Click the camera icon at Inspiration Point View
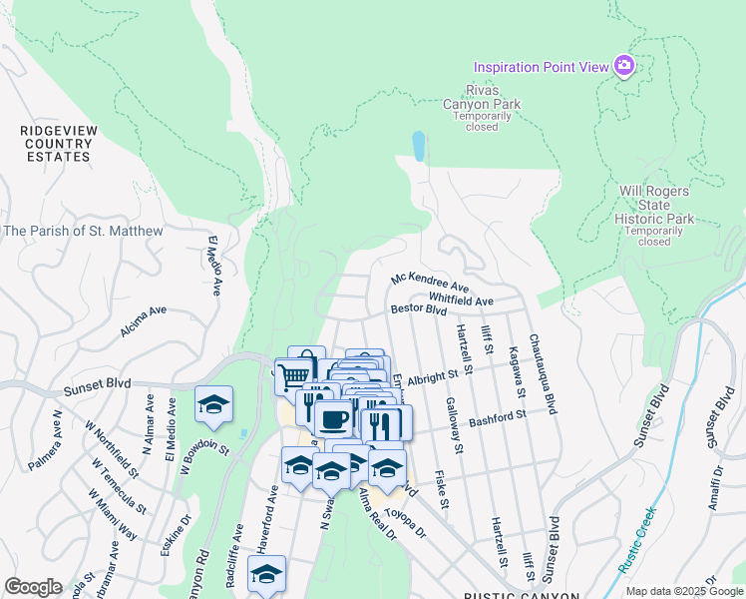pyautogui.click(x=624, y=66)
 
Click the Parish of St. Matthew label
pyautogui.click(x=83, y=231)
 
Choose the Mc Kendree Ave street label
pyautogui.click(x=430, y=282)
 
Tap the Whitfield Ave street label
pyautogui.click(x=461, y=300)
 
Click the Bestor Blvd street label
pyautogui.click(x=418, y=310)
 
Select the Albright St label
pyautogui.click(x=445, y=373)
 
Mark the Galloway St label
pyautogui.click(x=455, y=424)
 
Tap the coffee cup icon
pyautogui.click(x=333, y=418)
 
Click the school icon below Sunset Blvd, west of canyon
pyautogui.click(x=213, y=403)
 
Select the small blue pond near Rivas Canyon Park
pyautogui.click(x=418, y=146)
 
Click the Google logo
pyautogui.click(x=33, y=587)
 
